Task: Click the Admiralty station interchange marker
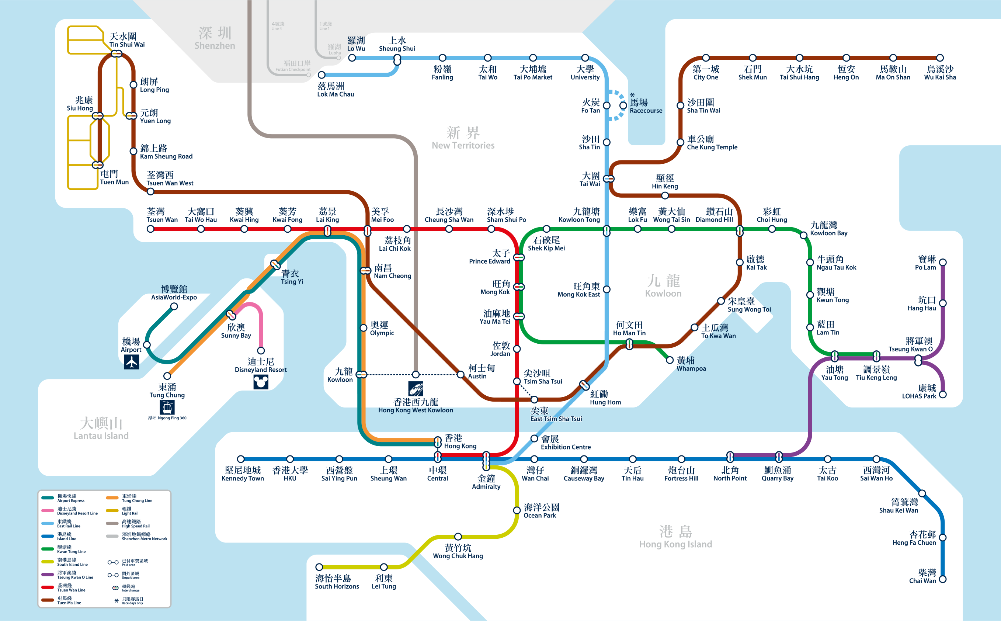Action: (x=486, y=461)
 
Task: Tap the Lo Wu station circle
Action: (x=352, y=58)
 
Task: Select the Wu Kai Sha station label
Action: (x=940, y=73)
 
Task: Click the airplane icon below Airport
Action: (x=131, y=362)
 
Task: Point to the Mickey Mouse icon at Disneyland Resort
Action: (x=261, y=382)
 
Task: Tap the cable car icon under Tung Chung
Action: (x=167, y=407)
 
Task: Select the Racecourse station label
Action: (x=646, y=106)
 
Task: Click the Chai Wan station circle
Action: (x=943, y=579)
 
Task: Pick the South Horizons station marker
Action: (x=319, y=567)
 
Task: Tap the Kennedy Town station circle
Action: (x=241, y=459)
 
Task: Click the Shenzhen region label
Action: (x=215, y=38)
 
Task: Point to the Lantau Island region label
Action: (x=101, y=429)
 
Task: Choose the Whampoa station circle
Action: (x=670, y=360)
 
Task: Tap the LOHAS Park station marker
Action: (x=943, y=394)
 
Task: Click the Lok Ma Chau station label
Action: (x=336, y=90)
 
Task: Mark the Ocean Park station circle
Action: (x=517, y=510)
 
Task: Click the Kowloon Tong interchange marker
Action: (x=606, y=231)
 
